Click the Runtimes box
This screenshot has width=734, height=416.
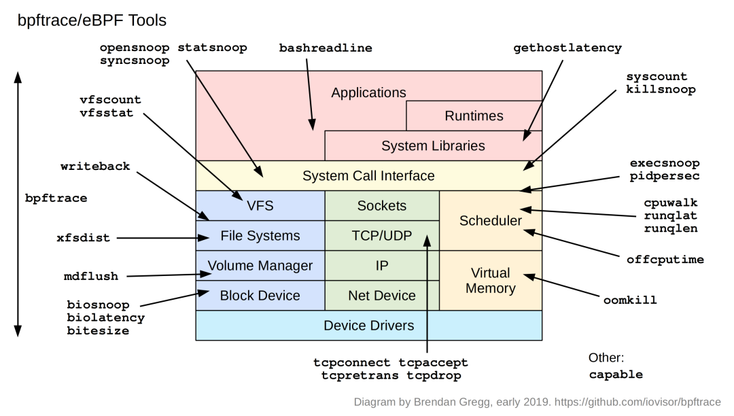[x=474, y=116]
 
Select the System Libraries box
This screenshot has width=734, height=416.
[x=433, y=145]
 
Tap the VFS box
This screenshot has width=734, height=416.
[x=260, y=205]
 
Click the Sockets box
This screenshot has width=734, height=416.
[x=382, y=205]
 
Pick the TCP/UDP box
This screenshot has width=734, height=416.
[x=382, y=236]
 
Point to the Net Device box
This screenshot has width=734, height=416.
[x=382, y=295]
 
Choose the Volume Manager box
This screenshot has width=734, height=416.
[x=260, y=265]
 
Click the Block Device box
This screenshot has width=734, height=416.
[x=260, y=295]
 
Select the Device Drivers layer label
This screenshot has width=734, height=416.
[x=368, y=325]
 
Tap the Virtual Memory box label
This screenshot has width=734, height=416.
[x=490, y=280]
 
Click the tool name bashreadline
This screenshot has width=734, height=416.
[x=326, y=49]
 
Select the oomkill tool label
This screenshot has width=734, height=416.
[x=630, y=300]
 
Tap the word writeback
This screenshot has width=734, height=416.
[x=95, y=167]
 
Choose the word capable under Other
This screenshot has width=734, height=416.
[x=615, y=375]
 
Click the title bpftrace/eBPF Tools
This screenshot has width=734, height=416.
[x=92, y=20]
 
